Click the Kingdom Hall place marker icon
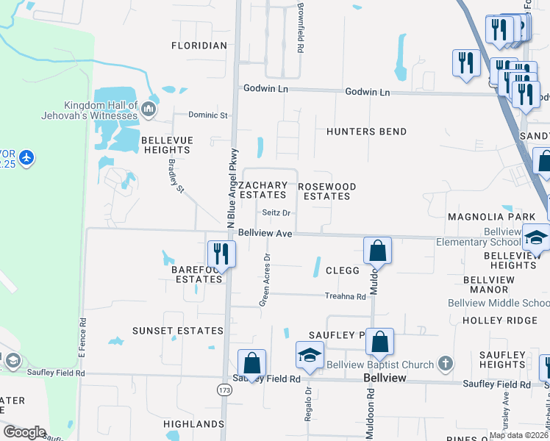tap(149, 110)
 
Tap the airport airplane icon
tap(26, 157)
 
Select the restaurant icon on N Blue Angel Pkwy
tap(221, 254)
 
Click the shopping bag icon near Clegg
tap(377, 250)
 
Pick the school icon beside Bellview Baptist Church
tap(310, 354)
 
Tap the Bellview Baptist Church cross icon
tap(444, 363)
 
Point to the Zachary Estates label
tap(262, 190)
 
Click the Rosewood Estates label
tap(327, 191)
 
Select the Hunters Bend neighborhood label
tap(367, 132)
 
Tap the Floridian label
tap(199, 46)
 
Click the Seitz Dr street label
tap(277, 213)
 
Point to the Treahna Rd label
tap(346, 296)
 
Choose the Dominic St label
tap(209, 115)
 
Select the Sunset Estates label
tap(177, 331)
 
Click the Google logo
tap(25, 432)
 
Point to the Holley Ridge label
tap(500, 320)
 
